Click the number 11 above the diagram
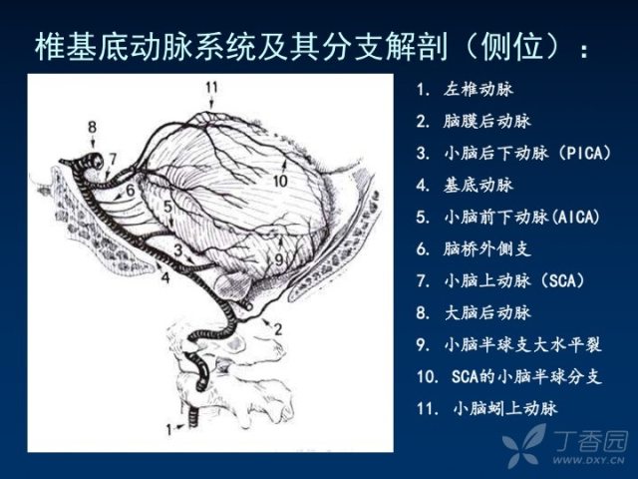point(211,87)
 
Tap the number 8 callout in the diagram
point(93,127)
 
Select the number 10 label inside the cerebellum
point(280,181)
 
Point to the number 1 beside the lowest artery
point(169,429)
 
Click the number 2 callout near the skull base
point(278,329)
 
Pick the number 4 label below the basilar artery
point(165,277)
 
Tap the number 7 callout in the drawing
point(113,159)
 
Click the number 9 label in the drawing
point(278,259)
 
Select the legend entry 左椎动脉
point(478,89)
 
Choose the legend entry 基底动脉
point(478,185)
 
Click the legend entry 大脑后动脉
point(487,312)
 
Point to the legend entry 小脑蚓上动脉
point(505,408)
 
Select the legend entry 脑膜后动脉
point(487,122)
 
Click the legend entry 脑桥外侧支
point(487,248)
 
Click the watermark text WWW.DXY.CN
point(598,461)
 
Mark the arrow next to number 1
point(179,427)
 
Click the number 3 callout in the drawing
point(177,250)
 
